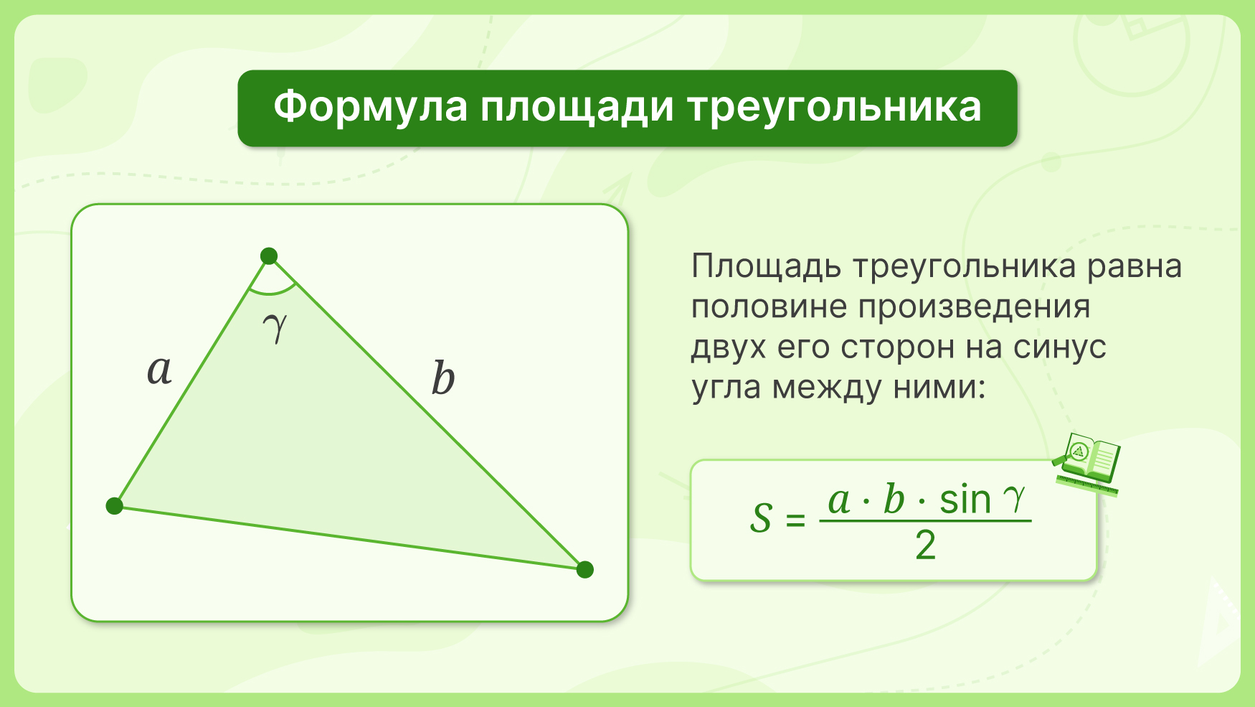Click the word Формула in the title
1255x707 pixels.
[371, 108]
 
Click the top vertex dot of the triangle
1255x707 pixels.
[269, 256]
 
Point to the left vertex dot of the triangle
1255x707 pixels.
[115, 506]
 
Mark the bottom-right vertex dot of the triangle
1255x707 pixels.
[585, 569]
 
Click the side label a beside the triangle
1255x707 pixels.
[159, 371]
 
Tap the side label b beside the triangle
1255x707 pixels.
[443, 378]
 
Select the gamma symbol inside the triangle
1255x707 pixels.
[275, 327]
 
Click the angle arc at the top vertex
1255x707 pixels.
[273, 294]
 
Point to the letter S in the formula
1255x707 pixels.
[761, 518]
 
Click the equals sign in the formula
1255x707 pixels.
[795, 519]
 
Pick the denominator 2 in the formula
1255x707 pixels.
[925, 546]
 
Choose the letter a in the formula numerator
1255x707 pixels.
[839, 501]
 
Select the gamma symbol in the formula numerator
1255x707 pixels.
[1015, 500]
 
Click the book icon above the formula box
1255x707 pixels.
[1087, 464]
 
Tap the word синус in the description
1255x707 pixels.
[1060, 349]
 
